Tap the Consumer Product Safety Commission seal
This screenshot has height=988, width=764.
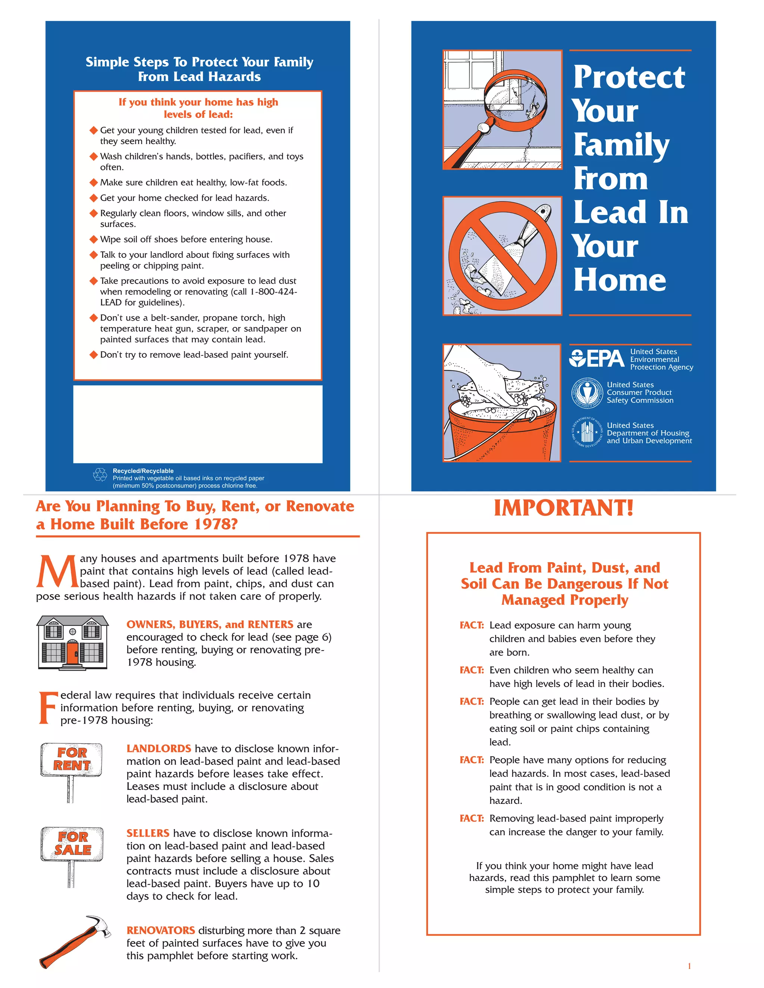586,393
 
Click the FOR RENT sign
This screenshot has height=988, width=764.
72,759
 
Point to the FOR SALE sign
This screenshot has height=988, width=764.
72,844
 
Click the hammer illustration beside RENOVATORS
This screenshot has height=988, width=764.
75,941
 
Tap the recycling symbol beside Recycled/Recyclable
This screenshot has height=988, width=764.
100,475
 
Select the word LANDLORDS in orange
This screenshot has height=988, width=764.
159,749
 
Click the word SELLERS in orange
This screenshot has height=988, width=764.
148,833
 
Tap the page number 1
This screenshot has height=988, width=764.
689,966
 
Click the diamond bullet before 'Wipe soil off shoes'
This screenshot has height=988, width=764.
94,239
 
